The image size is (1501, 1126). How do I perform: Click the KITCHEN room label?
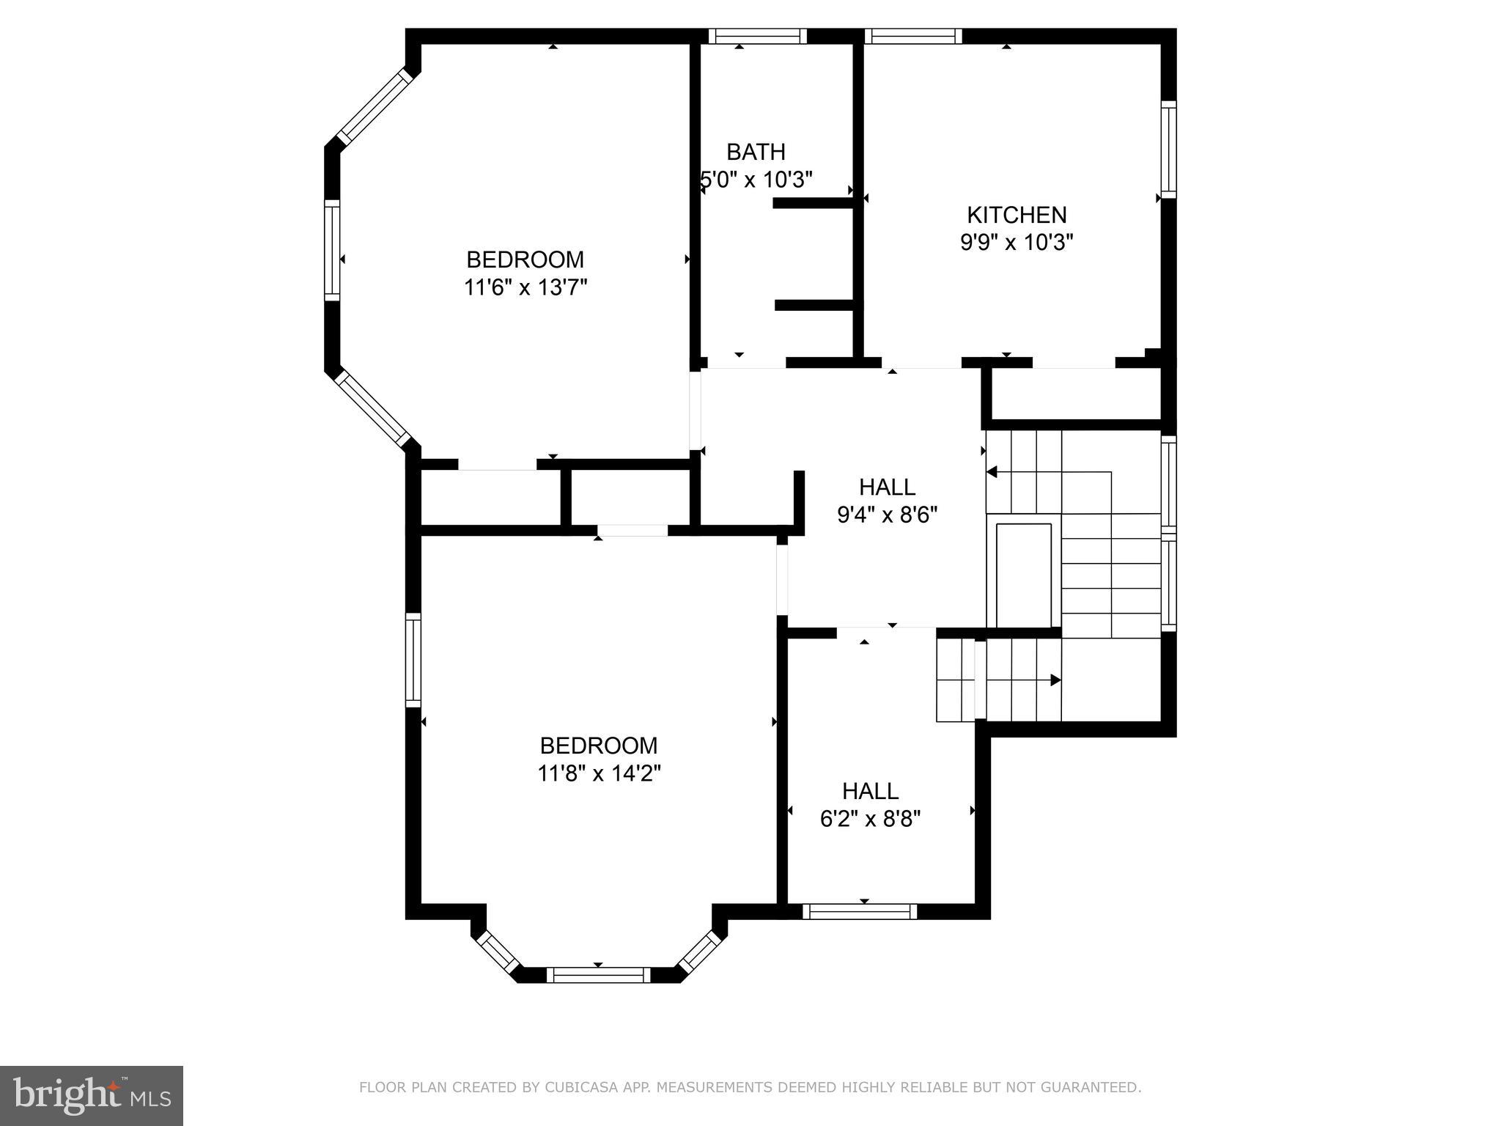tap(1017, 215)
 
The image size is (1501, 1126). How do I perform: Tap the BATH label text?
tap(756, 152)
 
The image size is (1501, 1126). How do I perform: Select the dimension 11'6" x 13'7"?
tap(525, 287)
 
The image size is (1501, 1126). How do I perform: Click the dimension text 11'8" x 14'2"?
tap(599, 773)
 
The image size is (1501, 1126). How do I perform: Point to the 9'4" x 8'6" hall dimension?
tap(887, 515)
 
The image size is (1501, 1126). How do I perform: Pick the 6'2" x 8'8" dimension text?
tap(870, 819)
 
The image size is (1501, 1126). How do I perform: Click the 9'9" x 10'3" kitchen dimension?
tap(1017, 242)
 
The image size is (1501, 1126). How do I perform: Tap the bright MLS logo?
tap(91, 1095)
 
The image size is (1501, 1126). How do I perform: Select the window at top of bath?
tap(757, 36)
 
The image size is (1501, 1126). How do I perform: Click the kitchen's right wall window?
tap(1168, 149)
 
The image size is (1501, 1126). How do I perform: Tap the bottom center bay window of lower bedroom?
tap(598, 974)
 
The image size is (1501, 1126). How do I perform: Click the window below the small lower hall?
tap(860, 911)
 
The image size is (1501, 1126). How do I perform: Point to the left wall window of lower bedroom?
tap(413, 660)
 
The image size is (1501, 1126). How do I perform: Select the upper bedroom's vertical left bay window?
tap(332, 249)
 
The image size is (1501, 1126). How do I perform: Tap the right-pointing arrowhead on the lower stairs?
tap(1055, 680)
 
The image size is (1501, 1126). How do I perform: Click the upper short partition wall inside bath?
tap(813, 203)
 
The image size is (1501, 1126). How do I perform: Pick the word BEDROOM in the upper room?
tap(525, 260)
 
